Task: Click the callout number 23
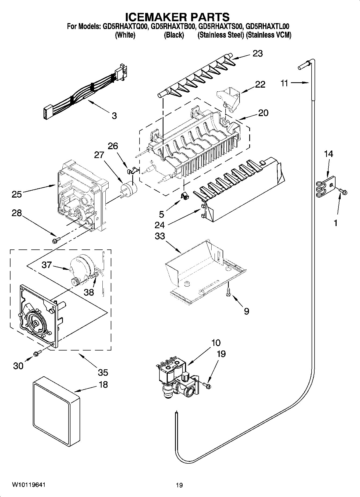coord(257,53)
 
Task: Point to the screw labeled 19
coord(208,386)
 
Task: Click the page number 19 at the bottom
coord(179,485)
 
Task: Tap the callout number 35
coord(103,372)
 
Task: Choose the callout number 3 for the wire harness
coord(114,116)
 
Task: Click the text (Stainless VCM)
coord(269,35)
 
